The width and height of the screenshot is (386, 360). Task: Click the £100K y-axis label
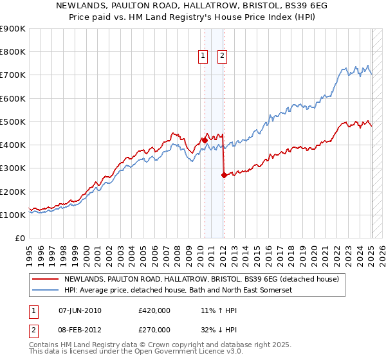(13, 215)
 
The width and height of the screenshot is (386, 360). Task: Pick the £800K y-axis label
(13, 51)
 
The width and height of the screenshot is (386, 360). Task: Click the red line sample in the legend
(45, 279)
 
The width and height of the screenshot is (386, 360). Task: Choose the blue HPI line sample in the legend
(45, 291)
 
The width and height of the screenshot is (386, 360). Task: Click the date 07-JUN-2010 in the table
(80, 310)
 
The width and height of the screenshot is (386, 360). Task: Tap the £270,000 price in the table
(154, 329)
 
